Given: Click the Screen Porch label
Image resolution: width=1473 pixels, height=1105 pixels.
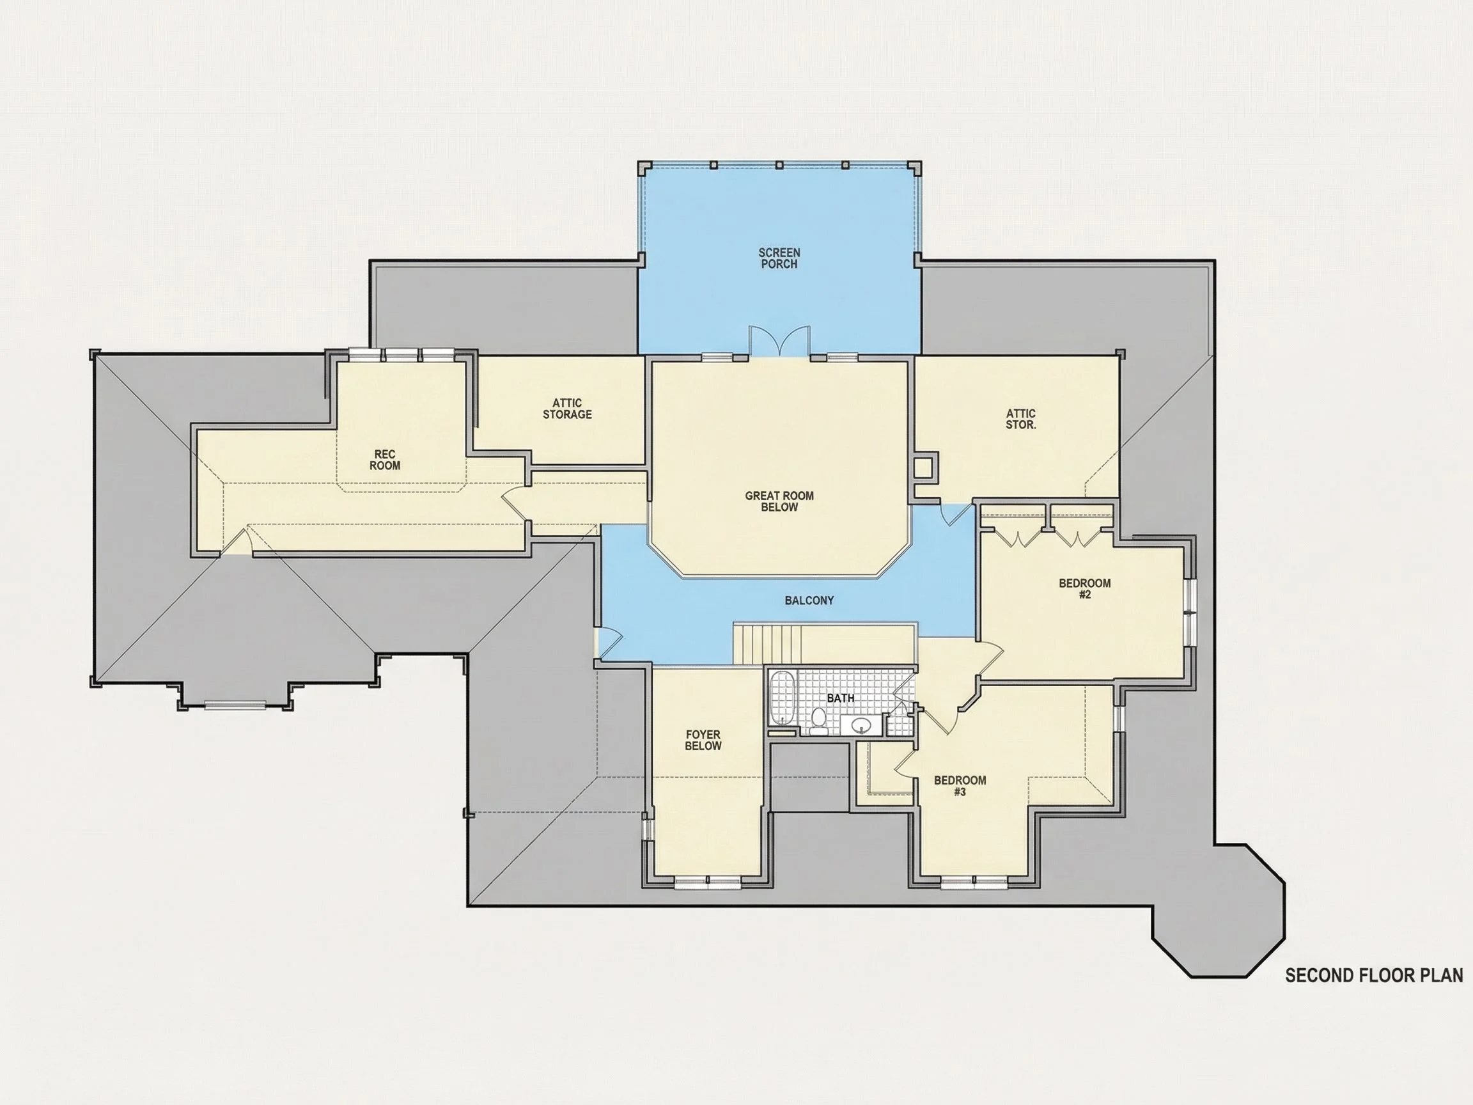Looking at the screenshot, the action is tap(779, 258).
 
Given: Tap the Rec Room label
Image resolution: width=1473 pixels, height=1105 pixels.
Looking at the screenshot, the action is tap(385, 460).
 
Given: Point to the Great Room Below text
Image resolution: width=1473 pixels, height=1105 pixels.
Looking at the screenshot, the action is tap(779, 501).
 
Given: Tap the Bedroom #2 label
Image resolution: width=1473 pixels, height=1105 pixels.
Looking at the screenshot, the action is tap(1085, 589).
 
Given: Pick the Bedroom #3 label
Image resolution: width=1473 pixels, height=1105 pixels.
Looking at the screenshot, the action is tap(960, 786).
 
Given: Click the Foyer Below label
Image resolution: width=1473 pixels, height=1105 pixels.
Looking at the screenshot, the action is tap(703, 741).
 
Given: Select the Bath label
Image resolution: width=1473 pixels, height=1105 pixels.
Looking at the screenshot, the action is tap(840, 699).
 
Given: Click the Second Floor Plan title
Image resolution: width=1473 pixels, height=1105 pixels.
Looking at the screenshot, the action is tap(1374, 976).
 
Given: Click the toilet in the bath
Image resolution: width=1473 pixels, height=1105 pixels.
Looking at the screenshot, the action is tap(819, 721).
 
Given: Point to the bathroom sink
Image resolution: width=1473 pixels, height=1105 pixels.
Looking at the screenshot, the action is tap(861, 724).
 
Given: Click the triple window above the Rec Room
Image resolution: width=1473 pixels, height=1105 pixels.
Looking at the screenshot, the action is tap(401, 354).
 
